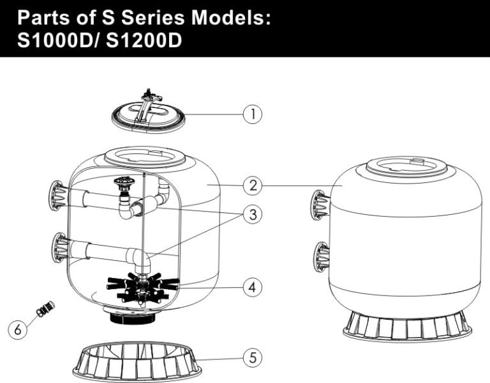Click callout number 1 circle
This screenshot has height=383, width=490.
(253, 114)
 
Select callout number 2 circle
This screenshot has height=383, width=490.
(253, 186)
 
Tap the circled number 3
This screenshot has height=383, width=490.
(253, 215)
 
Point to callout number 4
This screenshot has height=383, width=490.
(253, 287)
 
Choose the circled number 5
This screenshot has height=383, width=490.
(253, 357)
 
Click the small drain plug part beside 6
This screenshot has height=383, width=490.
(45, 309)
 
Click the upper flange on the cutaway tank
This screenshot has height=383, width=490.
(58, 195)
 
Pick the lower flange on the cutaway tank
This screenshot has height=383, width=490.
(58, 247)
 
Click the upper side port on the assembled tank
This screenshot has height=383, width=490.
(322, 205)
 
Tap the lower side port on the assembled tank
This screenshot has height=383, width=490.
(321, 257)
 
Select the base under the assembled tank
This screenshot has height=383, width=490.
(407, 326)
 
